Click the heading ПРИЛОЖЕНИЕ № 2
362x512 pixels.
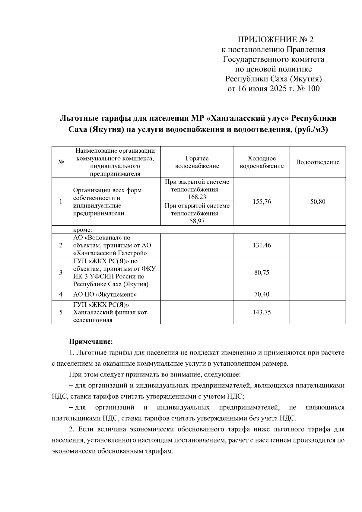point(276,40)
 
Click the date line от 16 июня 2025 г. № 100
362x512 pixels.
point(273,89)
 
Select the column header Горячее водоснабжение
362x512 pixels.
point(197,162)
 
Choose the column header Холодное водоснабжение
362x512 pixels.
point(262,162)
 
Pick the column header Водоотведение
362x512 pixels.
point(318,162)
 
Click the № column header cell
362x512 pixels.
point(61,162)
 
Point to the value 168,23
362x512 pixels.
point(197,197)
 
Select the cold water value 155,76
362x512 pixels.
point(262,202)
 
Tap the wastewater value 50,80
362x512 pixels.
point(318,202)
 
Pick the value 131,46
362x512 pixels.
point(262,245)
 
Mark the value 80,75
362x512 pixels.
point(262,272)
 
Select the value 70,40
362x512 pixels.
point(262,294)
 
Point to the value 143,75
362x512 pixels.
point(262,312)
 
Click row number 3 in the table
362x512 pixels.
point(61,272)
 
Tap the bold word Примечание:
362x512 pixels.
point(91,342)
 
